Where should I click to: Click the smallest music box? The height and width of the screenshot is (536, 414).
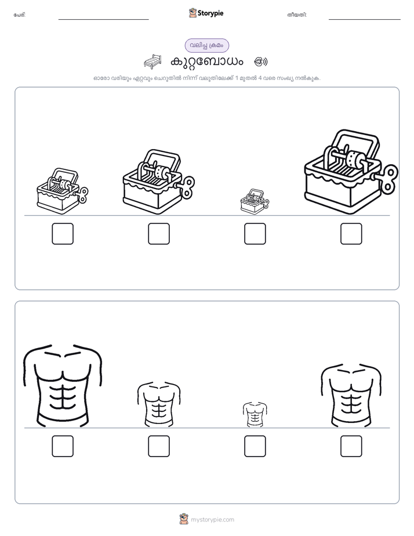coord(255,202)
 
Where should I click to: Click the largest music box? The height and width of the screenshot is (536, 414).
coord(351,172)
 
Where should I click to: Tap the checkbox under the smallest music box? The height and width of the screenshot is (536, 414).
coord(255,234)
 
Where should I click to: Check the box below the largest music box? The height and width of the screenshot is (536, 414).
coord(351,234)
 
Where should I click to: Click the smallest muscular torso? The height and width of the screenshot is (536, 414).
coord(255,414)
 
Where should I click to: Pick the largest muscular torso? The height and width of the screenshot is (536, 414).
coord(63,386)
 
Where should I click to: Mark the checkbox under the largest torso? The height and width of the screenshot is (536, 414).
coord(63,446)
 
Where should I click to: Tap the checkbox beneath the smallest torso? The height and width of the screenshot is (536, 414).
coord(255,446)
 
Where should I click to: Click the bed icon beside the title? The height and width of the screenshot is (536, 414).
coord(152,61)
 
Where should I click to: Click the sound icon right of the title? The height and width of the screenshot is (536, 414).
coord(261,62)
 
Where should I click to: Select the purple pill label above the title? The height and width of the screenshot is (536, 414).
coord(206,45)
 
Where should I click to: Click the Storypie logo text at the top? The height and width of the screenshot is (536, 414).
coord(210,13)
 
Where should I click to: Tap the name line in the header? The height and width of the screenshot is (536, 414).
coord(103,20)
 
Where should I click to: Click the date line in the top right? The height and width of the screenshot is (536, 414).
coord(365,20)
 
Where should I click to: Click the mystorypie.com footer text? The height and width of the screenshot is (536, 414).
coord(212,520)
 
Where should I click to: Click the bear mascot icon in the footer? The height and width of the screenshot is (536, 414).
coord(184,519)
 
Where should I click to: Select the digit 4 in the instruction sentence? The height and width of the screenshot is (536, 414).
coord(260,78)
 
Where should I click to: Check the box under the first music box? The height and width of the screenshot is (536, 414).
coord(63,234)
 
